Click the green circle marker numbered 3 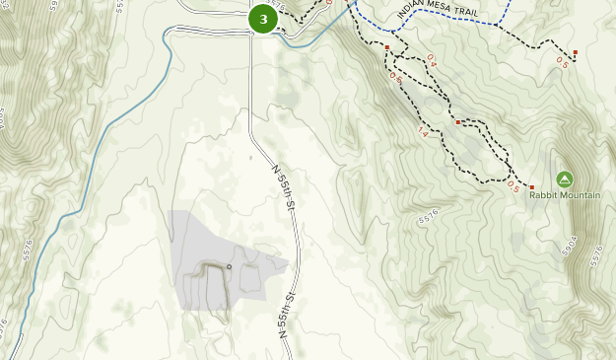pos(263,19)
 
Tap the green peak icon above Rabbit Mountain pos(564,179)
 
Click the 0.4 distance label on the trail pos(432,60)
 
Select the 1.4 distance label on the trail pos(423,132)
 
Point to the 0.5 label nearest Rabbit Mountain pos(513,185)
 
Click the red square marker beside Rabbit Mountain pos(531,187)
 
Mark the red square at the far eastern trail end pos(575,52)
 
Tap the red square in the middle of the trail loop pos(458,122)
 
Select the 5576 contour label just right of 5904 pos(594,254)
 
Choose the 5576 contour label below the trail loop pos(426,217)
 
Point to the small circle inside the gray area pos(229,266)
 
